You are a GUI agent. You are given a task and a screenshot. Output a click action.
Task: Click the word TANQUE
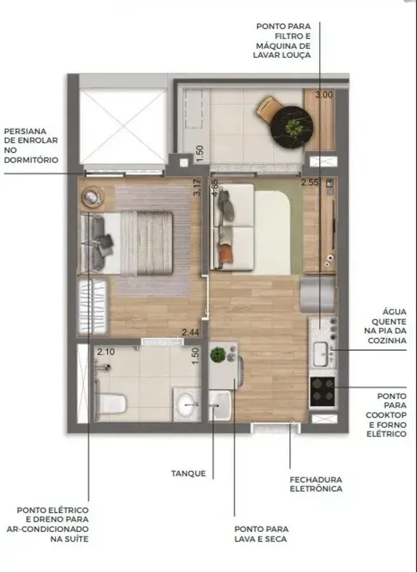189,473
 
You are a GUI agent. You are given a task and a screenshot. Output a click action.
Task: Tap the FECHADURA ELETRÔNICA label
316,484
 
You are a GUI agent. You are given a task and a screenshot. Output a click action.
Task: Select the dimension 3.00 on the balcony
324,95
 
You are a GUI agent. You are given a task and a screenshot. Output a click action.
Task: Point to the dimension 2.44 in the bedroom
191,332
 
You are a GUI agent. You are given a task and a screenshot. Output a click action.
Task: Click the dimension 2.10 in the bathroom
106,351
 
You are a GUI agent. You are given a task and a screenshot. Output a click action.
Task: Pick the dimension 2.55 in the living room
310,182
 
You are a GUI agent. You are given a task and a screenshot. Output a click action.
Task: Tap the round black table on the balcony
293,127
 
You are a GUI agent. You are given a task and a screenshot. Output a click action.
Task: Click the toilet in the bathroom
111,404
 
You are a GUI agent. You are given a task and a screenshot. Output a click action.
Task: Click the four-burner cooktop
322,392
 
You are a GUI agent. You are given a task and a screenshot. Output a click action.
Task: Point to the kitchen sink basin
320,354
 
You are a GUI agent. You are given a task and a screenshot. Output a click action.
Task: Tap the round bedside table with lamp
91,198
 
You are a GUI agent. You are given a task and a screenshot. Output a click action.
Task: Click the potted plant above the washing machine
218,354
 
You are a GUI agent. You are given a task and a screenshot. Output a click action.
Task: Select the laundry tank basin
220,405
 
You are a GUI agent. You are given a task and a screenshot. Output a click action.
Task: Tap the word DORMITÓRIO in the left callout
31,160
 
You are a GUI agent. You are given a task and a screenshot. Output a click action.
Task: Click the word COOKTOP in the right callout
386,415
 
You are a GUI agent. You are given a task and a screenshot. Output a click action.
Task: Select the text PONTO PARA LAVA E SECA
261,534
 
